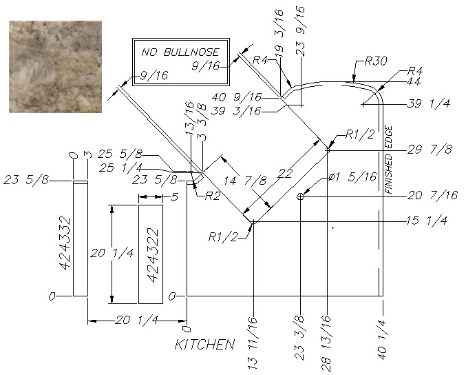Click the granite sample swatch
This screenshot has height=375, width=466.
pyautogui.click(x=55, y=67)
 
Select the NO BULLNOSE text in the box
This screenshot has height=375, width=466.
pyautogui.click(x=180, y=52)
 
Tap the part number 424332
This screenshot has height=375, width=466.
pyautogui.click(x=65, y=243)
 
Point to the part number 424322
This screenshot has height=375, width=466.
pyautogui.click(x=153, y=255)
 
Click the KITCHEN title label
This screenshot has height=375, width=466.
pyautogui.click(x=204, y=345)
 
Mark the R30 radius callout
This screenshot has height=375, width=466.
pyautogui.click(x=376, y=61)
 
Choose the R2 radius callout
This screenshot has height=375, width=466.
pyautogui.click(x=213, y=196)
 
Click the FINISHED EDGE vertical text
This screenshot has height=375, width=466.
pyautogui.click(x=388, y=160)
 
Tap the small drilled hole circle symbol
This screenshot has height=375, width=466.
pyautogui.click(x=301, y=196)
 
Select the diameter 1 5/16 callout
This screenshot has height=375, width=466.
pyautogui.click(x=352, y=177)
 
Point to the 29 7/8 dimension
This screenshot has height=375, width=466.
pyautogui.click(x=430, y=149)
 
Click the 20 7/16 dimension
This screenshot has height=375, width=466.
pyautogui.click(x=432, y=195)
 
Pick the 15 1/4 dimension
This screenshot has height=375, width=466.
pyautogui.click(x=427, y=221)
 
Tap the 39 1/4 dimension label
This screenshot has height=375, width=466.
pyautogui.click(x=429, y=103)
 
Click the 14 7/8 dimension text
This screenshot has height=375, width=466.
pyautogui.click(x=245, y=181)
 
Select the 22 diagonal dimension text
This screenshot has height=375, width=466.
pyautogui.click(x=285, y=173)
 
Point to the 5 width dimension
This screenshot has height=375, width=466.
pyautogui.click(x=175, y=197)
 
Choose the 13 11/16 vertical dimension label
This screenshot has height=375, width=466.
pyautogui.click(x=252, y=343)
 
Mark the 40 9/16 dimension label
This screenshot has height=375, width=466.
pyautogui.click(x=237, y=97)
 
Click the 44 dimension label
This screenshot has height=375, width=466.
pyautogui.click(x=414, y=81)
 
